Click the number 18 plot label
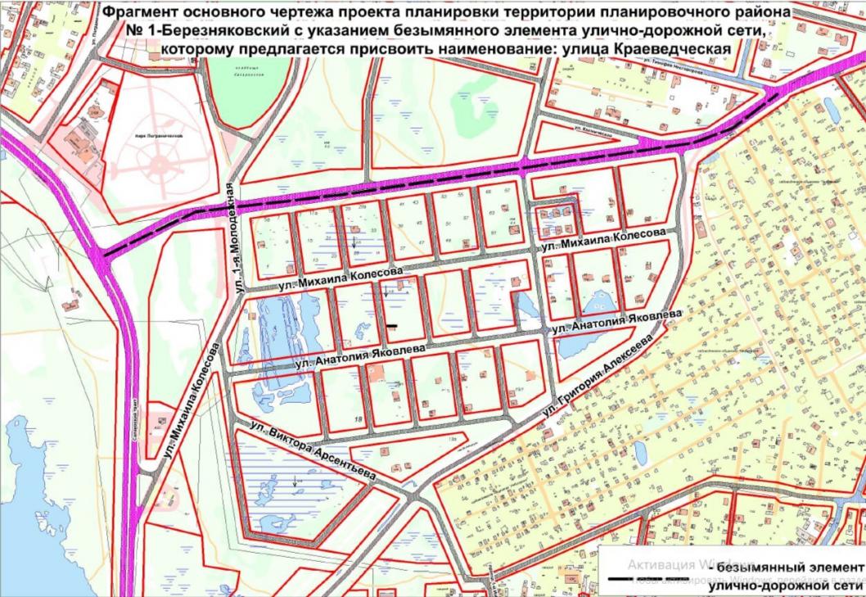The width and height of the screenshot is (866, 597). pos(359,419)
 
